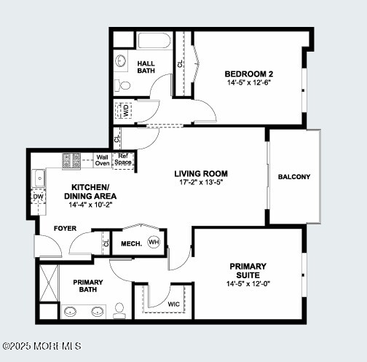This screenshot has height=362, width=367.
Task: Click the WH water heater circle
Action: (x=154, y=242)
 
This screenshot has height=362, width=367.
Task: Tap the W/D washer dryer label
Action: (x=126, y=111)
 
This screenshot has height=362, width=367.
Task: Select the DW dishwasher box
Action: (x=39, y=197)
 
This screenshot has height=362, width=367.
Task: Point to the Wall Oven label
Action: (x=102, y=160)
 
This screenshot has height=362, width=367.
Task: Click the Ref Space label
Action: (x=123, y=160)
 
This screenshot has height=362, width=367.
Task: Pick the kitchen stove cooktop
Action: (x=71, y=161)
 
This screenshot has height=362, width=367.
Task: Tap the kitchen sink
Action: (x=39, y=178)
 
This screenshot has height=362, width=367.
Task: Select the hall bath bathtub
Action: (x=154, y=41)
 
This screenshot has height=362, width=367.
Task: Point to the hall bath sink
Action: (x=121, y=60)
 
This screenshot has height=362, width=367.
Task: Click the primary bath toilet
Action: (x=119, y=310)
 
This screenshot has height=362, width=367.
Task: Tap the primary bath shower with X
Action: (x=49, y=283)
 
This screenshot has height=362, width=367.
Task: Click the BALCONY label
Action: (x=294, y=177)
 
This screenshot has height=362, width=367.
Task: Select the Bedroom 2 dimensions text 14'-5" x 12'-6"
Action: (x=249, y=82)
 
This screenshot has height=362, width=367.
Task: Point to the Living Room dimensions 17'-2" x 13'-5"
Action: (x=201, y=182)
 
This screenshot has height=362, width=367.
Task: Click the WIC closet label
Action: (x=174, y=304)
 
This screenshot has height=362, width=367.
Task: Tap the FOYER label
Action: (x=65, y=229)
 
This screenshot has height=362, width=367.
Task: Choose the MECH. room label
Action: (x=132, y=244)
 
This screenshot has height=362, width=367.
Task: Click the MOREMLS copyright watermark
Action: (x=42, y=346)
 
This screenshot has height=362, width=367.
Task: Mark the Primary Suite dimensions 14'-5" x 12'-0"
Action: (x=248, y=283)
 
